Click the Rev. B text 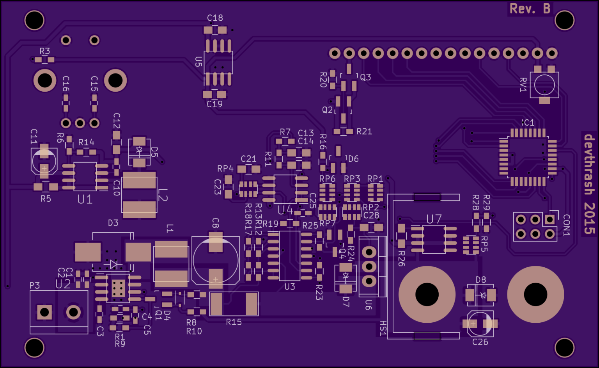(x=530, y=9)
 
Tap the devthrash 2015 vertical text (x=589, y=184)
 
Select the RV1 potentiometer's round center (x=544, y=85)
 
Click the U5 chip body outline (x=218, y=62)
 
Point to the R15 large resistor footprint (x=234, y=304)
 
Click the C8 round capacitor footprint (x=215, y=260)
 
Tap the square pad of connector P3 (x=44, y=312)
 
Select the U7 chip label (x=434, y=219)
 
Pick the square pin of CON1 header (x=549, y=219)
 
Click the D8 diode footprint (x=481, y=295)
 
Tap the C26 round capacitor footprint (x=480, y=324)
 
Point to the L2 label (x=163, y=195)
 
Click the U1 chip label (x=85, y=199)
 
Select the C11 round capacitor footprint (x=44, y=160)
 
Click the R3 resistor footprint (x=44, y=60)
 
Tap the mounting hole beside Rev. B (x=564, y=20)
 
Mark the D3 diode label (x=113, y=223)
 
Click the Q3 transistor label (x=365, y=77)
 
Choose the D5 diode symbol (x=139, y=150)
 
